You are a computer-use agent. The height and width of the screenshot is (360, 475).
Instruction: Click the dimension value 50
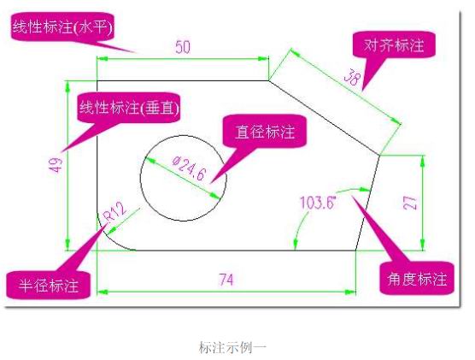pyautogui.click(x=183, y=47)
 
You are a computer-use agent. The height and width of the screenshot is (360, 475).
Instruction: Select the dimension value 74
pyautogui.click(x=226, y=280)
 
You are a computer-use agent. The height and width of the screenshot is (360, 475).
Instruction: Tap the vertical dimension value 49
pyautogui.click(x=56, y=165)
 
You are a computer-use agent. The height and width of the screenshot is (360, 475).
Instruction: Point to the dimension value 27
pyautogui.click(x=410, y=203)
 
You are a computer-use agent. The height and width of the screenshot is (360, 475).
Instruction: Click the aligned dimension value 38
pyautogui.click(x=352, y=77)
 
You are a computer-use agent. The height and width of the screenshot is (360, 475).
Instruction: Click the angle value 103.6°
pyautogui.click(x=318, y=203)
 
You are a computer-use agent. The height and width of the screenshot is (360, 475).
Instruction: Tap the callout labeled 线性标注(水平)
pyautogui.click(x=62, y=27)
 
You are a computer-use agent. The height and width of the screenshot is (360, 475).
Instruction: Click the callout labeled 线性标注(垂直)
pyautogui.click(x=129, y=108)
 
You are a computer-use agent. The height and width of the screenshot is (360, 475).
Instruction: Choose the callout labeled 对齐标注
pyautogui.click(x=394, y=44)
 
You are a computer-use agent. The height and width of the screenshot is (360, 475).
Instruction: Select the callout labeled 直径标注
pyautogui.click(x=265, y=132)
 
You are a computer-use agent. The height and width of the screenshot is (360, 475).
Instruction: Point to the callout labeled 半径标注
pyautogui.click(x=49, y=285)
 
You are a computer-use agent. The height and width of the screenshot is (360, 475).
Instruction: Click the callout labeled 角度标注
pyautogui.click(x=417, y=279)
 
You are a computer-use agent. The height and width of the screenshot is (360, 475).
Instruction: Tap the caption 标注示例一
pyautogui.click(x=232, y=347)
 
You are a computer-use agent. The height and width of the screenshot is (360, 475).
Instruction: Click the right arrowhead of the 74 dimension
pyautogui.click(x=350, y=292)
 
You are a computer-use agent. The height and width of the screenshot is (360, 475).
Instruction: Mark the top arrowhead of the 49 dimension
pyautogui.click(x=67, y=86)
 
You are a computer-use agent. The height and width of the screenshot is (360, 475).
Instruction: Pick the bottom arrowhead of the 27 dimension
pyautogui.click(x=422, y=245)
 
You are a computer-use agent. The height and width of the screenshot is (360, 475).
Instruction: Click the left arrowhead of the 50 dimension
pyautogui.click(x=103, y=58)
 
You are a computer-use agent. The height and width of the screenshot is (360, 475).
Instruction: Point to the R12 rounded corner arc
pyautogui.click(x=108, y=239)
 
